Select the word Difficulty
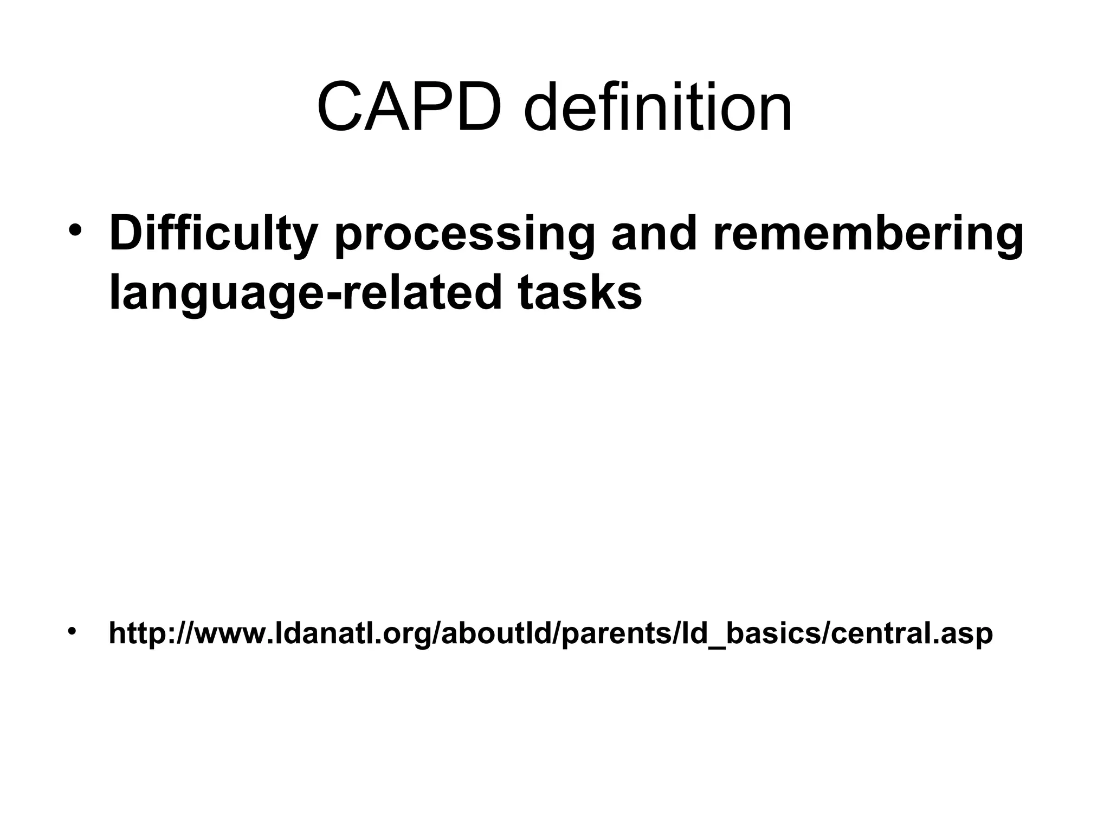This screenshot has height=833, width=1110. click(212, 234)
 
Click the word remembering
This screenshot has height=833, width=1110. click(868, 234)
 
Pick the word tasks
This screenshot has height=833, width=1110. click(579, 292)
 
